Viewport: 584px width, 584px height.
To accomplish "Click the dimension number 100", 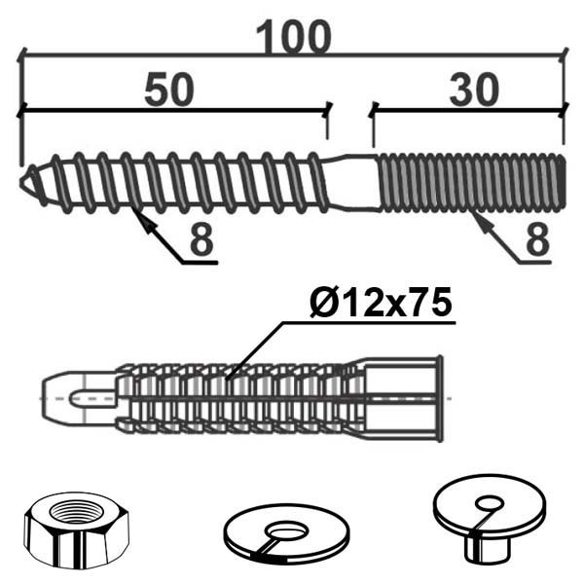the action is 294,37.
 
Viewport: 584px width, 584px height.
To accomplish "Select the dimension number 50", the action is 169,90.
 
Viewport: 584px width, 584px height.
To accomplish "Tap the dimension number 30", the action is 474,90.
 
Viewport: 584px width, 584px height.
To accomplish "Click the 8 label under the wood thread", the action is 201,238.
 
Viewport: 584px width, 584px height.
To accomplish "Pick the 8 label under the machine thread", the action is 537,238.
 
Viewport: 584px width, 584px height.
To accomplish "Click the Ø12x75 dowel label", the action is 381,302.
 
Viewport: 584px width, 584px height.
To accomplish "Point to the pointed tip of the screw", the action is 21,183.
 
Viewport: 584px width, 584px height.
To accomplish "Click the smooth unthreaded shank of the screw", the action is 352,183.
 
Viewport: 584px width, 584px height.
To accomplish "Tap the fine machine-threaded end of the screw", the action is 472,183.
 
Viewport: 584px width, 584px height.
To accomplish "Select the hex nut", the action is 77,530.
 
